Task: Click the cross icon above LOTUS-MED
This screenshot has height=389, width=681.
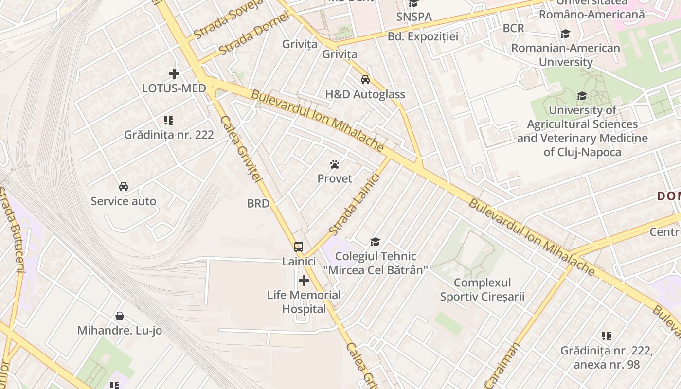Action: (174, 74)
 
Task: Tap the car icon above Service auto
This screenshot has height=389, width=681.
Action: (124, 187)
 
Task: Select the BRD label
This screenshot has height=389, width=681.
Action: (258, 204)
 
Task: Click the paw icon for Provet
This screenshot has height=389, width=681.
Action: (335, 164)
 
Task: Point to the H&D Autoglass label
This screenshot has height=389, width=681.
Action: (365, 94)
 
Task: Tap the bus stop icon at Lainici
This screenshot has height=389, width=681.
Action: (299, 247)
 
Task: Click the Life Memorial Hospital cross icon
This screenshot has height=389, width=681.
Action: (304, 281)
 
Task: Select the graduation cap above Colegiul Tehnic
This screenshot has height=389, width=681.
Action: (375, 242)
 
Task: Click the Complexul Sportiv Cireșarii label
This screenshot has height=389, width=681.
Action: (483, 289)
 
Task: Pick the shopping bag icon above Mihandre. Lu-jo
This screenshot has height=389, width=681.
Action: (120, 317)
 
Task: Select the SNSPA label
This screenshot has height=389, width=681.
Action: (414, 17)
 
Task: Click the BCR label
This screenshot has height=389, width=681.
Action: (514, 28)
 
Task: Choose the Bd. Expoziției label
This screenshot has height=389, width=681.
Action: (423, 36)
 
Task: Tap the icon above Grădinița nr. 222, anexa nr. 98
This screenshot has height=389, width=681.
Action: (607, 336)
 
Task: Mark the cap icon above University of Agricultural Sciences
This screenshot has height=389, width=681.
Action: (582, 96)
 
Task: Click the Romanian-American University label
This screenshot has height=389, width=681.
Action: (566, 55)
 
